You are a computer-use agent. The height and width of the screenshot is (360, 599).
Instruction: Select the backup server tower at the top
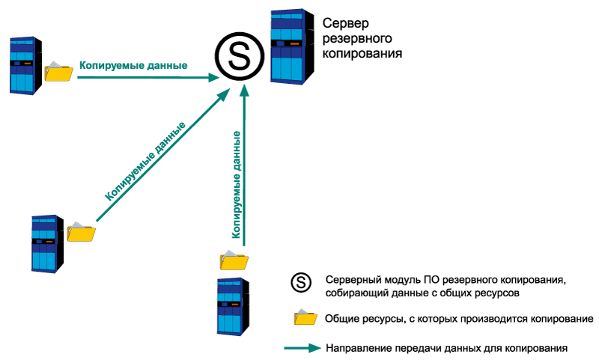tap(288, 47)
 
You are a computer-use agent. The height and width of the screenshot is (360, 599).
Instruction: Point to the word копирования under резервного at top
tap(363, 54)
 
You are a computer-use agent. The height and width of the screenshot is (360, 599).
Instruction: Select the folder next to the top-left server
tap(58, 70)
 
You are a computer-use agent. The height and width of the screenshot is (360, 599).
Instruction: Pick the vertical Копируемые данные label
tap(237, 184)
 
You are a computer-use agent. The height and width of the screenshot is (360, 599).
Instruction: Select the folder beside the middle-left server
tap(81, 232)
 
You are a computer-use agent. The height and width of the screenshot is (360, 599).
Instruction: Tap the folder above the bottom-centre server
tap(234, 260)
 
